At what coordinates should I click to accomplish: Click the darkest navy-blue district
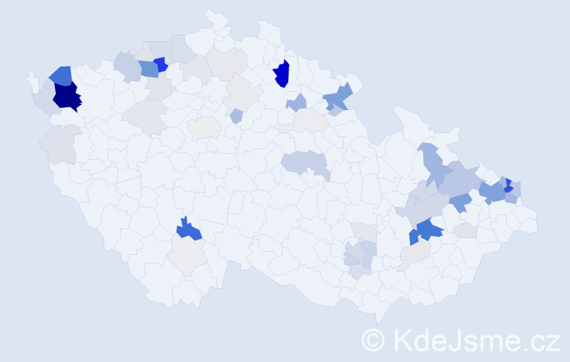(67, 96)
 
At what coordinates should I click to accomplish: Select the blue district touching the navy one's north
(61, 75)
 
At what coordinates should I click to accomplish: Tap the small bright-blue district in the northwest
(160, 64)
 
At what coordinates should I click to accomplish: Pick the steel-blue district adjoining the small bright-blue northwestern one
(148, 69)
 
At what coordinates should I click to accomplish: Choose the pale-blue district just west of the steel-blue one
(127, 67)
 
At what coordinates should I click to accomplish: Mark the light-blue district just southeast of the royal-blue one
(297, 103)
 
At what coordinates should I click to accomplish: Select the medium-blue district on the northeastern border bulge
(338, 98)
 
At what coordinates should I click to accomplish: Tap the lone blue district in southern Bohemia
(189, 230)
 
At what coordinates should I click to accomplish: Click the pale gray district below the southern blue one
(189, 255)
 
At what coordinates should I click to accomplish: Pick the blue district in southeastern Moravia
(427, 230)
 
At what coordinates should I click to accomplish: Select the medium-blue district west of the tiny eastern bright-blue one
(492, 192)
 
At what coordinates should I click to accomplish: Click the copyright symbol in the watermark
(373, 340)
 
